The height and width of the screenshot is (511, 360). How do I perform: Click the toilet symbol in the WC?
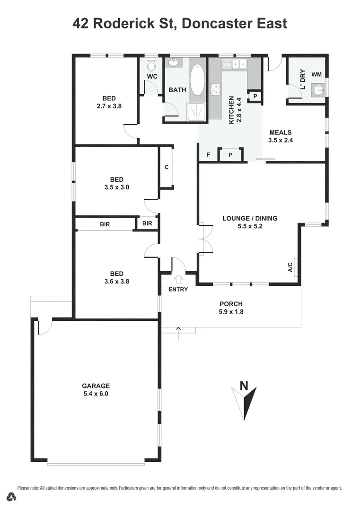151,64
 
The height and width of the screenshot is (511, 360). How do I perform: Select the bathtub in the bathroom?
197,79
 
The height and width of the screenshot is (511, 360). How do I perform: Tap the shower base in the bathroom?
197,112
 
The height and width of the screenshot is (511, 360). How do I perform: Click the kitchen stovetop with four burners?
215,89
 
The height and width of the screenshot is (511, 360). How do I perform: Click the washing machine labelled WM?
316,74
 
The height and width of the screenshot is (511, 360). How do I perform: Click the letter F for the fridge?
208,155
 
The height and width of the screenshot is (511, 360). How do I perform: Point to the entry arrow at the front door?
179,280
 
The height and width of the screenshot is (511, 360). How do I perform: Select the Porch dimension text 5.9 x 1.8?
231,311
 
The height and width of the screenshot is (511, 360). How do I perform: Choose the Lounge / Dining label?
250,218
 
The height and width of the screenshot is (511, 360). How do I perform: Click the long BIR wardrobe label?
105,224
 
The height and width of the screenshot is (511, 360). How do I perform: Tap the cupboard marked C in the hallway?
167,167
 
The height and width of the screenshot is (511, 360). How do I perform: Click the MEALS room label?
281,132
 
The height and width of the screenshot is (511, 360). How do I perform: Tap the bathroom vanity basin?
174,62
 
